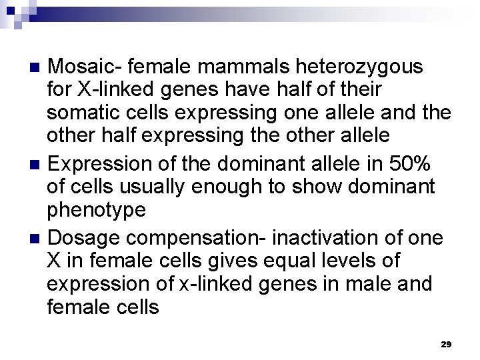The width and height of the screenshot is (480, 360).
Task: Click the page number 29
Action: [x=446, y=344]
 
